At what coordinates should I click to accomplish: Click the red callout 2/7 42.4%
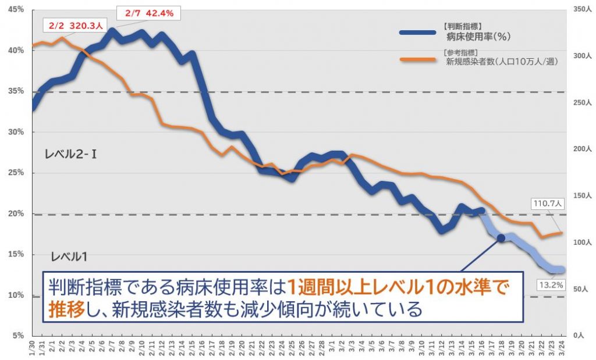[149, 13]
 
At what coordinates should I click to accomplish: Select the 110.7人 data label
[548, 204]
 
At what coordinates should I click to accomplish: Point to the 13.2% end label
[551, 285]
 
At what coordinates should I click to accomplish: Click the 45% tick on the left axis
[16, 10]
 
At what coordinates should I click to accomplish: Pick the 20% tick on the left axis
[16, 213]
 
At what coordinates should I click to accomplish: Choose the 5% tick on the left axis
[18, 336]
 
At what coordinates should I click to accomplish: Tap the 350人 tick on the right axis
[582, 10]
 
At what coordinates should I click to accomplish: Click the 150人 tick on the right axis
[582, 196]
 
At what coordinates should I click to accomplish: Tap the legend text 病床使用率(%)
[478, 37]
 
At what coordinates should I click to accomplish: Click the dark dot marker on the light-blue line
[501, 239]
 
